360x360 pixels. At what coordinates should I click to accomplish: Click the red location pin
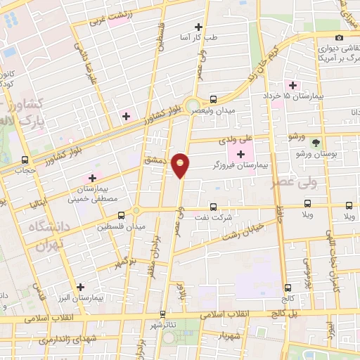coord(181,165)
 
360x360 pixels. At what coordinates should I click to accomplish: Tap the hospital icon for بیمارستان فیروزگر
coord(242,154)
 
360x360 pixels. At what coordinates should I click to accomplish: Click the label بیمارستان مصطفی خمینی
coord(91,193)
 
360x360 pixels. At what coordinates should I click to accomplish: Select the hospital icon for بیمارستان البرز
coord(82,286)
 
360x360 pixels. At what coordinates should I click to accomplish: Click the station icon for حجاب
coord(25,160)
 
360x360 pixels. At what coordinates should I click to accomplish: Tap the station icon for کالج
coord(288,288)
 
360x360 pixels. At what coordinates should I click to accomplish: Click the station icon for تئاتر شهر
coord(163,314)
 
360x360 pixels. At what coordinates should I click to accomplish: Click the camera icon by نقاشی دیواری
coord(339,37)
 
